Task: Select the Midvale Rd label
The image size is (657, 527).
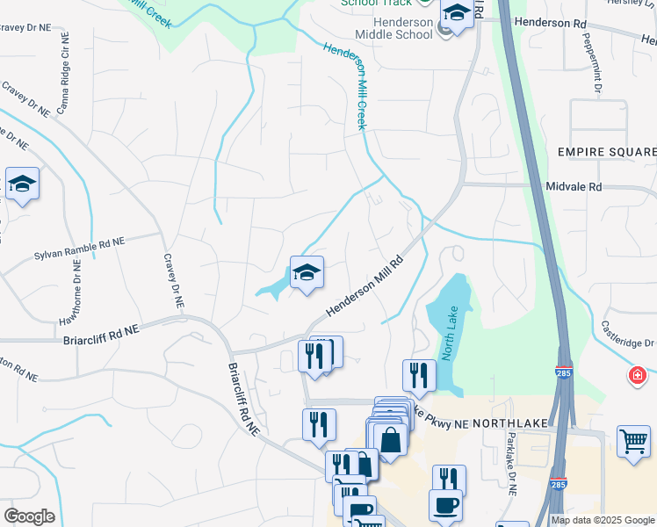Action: coord(573,187)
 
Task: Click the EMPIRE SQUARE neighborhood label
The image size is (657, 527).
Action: coord(607,152)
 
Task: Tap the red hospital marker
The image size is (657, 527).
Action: coord(637,376)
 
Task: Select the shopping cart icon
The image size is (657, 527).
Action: coord(633,440)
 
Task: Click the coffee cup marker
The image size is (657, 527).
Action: coord(445,504)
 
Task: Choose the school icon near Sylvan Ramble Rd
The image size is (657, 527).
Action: coord(22,184)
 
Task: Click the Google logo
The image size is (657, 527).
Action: coord(29,516)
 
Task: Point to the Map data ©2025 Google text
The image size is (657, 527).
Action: coord(602,520)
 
